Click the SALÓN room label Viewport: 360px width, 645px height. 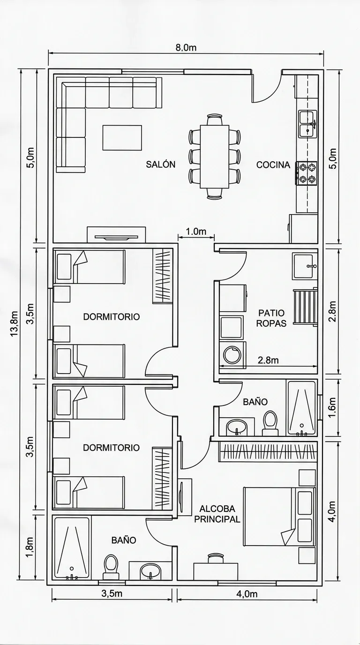160,164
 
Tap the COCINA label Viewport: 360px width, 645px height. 273,165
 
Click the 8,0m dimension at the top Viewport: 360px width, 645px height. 186,47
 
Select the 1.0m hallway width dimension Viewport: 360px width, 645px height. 196,231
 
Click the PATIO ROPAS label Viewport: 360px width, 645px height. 271,318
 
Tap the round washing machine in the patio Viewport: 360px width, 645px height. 232,355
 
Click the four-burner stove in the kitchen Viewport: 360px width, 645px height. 307,173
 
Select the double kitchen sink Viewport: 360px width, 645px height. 307,124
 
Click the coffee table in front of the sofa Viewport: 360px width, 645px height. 122,138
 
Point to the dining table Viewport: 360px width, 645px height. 215,157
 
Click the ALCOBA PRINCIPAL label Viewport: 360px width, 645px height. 217,514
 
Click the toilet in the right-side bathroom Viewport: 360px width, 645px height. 270,423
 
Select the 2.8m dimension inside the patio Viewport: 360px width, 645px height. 268,360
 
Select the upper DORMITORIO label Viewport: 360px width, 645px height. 112,317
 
